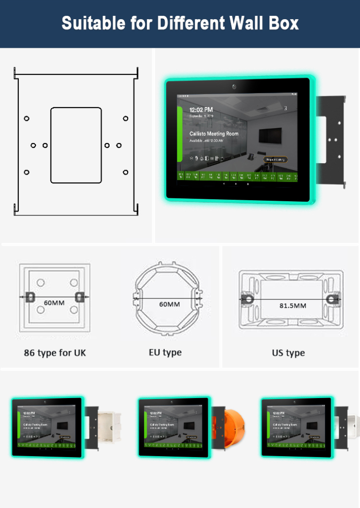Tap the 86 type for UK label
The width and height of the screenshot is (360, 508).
[x=55, y=353]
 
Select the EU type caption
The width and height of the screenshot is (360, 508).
[x=165, y=352]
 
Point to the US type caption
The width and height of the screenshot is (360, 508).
[x=288, y=353]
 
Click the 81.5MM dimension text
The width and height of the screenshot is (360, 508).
[x=292, y=305]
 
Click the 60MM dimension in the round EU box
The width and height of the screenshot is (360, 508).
[x=169, y=304]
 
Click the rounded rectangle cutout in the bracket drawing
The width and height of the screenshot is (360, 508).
[x=76, y=145]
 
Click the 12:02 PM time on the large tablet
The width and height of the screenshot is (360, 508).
[x=201, y=109]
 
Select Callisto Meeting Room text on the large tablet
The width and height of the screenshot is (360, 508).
[x=214, y=134]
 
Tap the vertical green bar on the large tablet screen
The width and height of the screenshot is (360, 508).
[x=180, y=134]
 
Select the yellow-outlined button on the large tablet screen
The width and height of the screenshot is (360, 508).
[x=275, y=159]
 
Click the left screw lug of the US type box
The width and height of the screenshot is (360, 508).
[x=246, y=299]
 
